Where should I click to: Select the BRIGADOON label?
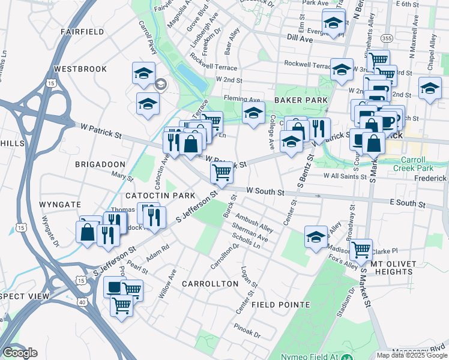tap(100, 164)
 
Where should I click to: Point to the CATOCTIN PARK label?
tap(160, 196)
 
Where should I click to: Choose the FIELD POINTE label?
tap(280, 304)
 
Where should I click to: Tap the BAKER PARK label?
tap(301, 100)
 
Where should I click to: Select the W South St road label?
tap(265, 192)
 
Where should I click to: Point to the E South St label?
tap(408, 204)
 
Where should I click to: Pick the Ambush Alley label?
tap(255, 222)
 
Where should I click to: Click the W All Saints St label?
tap(345, 176)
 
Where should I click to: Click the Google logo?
tap(20, 353)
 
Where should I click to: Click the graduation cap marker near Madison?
tap(316, 235)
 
